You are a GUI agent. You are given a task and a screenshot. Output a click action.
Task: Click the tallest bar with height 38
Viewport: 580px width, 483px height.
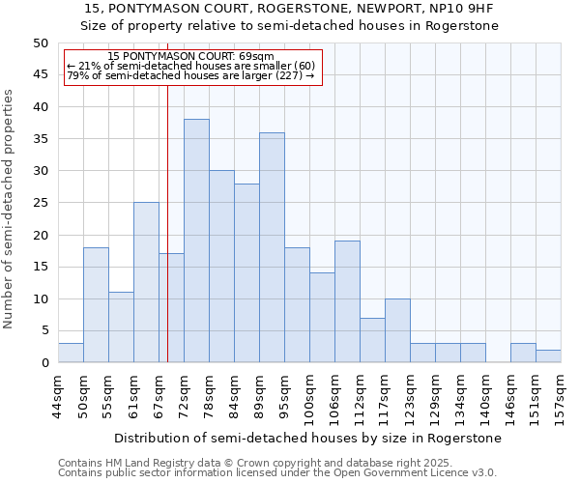tap(196, 241)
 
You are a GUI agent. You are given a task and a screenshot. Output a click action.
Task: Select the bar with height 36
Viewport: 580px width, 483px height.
tap(272, 247)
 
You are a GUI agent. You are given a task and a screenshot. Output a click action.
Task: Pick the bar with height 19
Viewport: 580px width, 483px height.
tap(347, 301)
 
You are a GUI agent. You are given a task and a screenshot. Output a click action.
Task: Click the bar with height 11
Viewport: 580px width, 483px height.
tap(121, 327)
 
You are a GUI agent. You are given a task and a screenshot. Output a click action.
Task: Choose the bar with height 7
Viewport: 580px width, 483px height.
tap(372, 340)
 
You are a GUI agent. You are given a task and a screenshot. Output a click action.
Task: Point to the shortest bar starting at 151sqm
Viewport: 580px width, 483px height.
tap(548, 356)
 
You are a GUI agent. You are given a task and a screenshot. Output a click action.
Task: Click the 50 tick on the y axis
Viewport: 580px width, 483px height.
tap(40, 43)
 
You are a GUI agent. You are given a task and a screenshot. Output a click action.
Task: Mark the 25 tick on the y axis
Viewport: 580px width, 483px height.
tap(40, 203)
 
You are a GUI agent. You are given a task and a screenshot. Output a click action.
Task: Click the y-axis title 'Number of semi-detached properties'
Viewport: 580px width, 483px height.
tap(10, 208)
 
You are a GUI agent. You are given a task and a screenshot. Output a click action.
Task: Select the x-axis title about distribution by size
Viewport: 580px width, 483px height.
tap(308, 438)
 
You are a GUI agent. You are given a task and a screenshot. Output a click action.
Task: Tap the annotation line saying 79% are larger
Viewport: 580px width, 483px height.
tap(190, 75)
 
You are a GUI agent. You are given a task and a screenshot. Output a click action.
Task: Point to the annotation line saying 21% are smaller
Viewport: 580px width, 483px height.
tap(190, 66)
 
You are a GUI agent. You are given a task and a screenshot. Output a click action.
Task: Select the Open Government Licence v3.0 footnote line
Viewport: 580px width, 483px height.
tap(276, 473)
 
